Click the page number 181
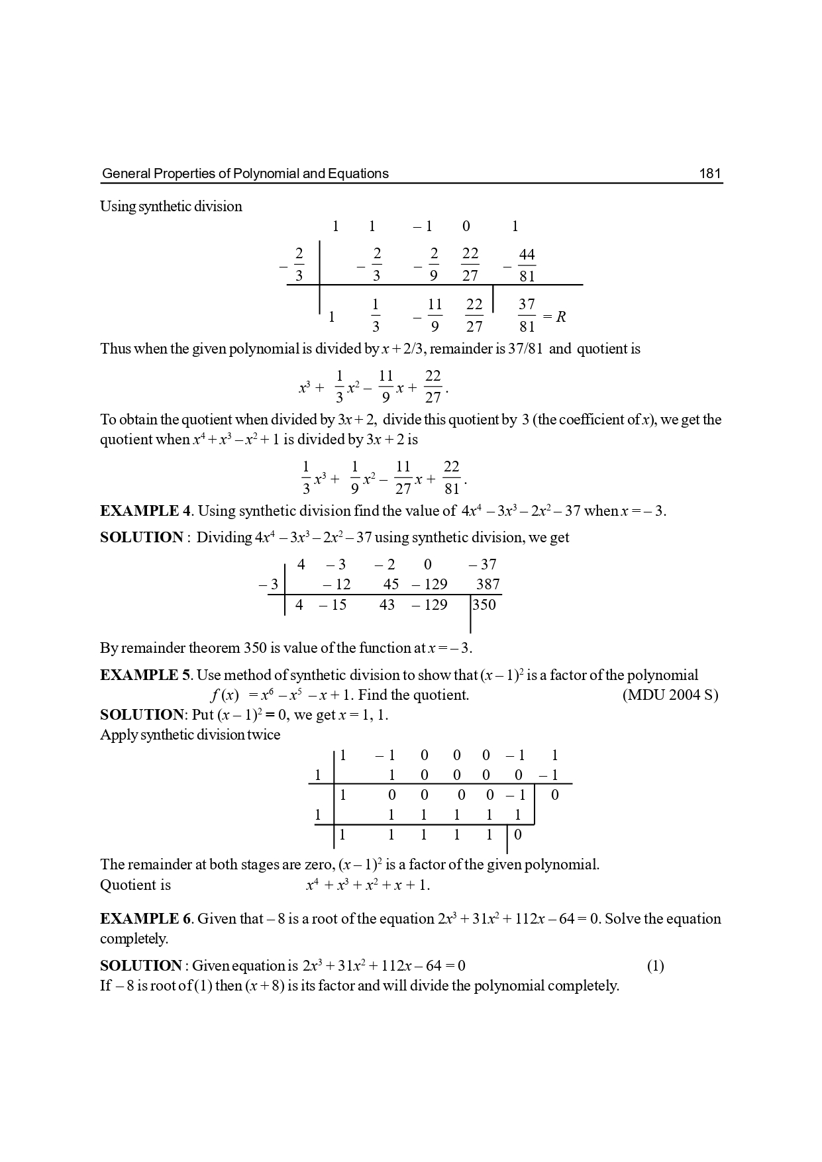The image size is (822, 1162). click(x=709, y=173)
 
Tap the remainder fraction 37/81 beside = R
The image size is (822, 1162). click(x=527, y=316)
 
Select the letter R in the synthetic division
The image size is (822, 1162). click(x=561, y=316)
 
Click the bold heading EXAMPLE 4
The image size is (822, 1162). click(x=145, y=510)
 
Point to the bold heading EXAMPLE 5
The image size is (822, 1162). click(x=145, y=675)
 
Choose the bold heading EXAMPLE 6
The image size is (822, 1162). click(x=145, y=918)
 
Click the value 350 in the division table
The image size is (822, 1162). click(x=484, y=604)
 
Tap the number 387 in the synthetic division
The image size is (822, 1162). click(x=488, y=584)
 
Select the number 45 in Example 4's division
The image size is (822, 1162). click(x=391, y=584)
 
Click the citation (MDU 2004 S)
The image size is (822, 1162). click(x=670, y=695)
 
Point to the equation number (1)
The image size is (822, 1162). click(x=655, y=965)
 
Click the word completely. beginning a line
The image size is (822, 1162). click(x=134, y=938)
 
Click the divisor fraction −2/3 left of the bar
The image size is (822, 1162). click(x=295, y=265)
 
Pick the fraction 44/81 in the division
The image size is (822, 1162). click(x=527, y=266)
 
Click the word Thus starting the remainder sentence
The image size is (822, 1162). click(x=115, y=349)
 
